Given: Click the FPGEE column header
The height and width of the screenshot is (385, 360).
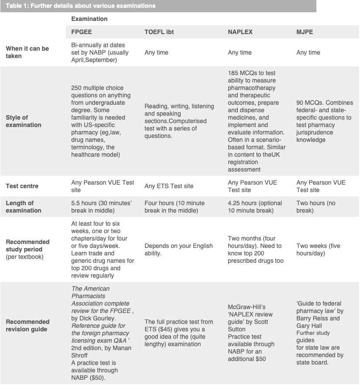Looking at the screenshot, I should coord(82,32).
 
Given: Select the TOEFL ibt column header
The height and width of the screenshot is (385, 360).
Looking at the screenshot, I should coord(159,32).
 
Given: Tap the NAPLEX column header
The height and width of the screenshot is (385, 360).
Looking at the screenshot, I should coord(240,32).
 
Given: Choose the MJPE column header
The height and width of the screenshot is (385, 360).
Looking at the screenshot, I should coord(305,32).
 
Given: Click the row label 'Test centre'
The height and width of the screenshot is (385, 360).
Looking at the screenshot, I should coord(22,186).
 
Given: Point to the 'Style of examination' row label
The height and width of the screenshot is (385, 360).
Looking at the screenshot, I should coord(24,121).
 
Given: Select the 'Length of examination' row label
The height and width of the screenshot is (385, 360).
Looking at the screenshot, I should coord(24,206).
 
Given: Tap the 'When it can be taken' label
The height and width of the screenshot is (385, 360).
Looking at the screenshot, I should coord(27,52).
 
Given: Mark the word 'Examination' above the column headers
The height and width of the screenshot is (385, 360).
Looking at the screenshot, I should coord(89,19).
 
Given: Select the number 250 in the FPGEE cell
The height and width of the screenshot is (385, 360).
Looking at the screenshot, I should coord(76,88).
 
